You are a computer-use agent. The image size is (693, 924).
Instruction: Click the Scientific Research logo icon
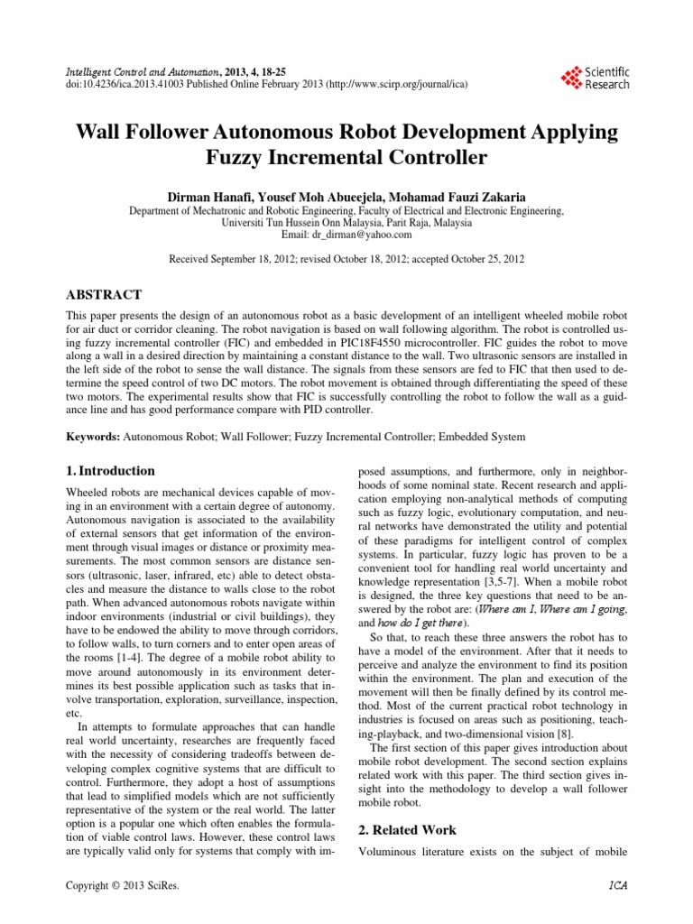coord(571,78)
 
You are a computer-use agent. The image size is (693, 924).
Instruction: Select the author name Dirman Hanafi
coord(210,196)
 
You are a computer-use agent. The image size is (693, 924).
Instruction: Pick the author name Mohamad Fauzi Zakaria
coord(450,196)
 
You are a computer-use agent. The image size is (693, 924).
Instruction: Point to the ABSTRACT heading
coord(105,293)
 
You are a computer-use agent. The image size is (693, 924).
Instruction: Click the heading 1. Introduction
coord(111,471)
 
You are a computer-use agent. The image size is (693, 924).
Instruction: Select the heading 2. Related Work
coord(407,830)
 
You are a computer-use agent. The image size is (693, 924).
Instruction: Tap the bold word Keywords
coord(94,437)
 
